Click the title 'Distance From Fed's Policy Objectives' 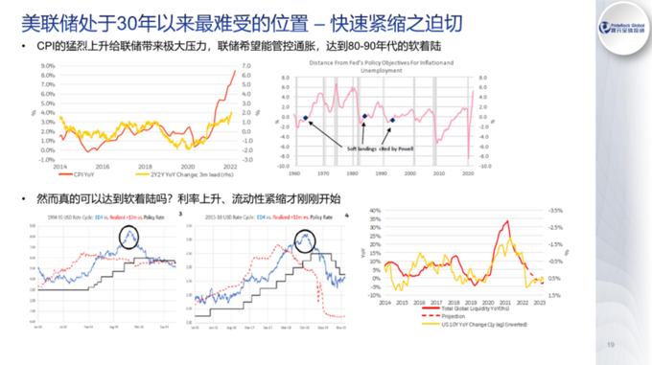pyautogui.click(x=382, y=60)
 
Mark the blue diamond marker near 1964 pyautogui.click(x=305, y=118)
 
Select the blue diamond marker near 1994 pyautogui.click(x=394, y=120)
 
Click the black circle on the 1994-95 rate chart pyautogui.click(x=129, y=235)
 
